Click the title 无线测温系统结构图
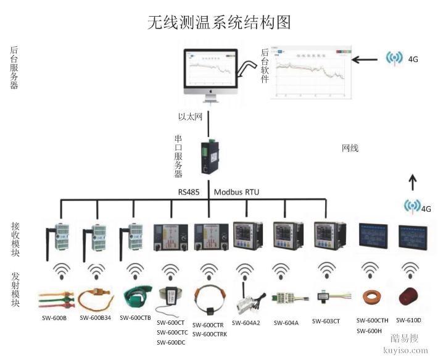coord(218,22)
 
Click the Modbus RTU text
coord(236,192)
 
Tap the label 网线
coord(350,148)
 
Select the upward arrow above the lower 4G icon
coord(412,181)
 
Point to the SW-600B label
coord(56,319)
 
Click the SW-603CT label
coord(326,321)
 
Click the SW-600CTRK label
coord(210,334)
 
